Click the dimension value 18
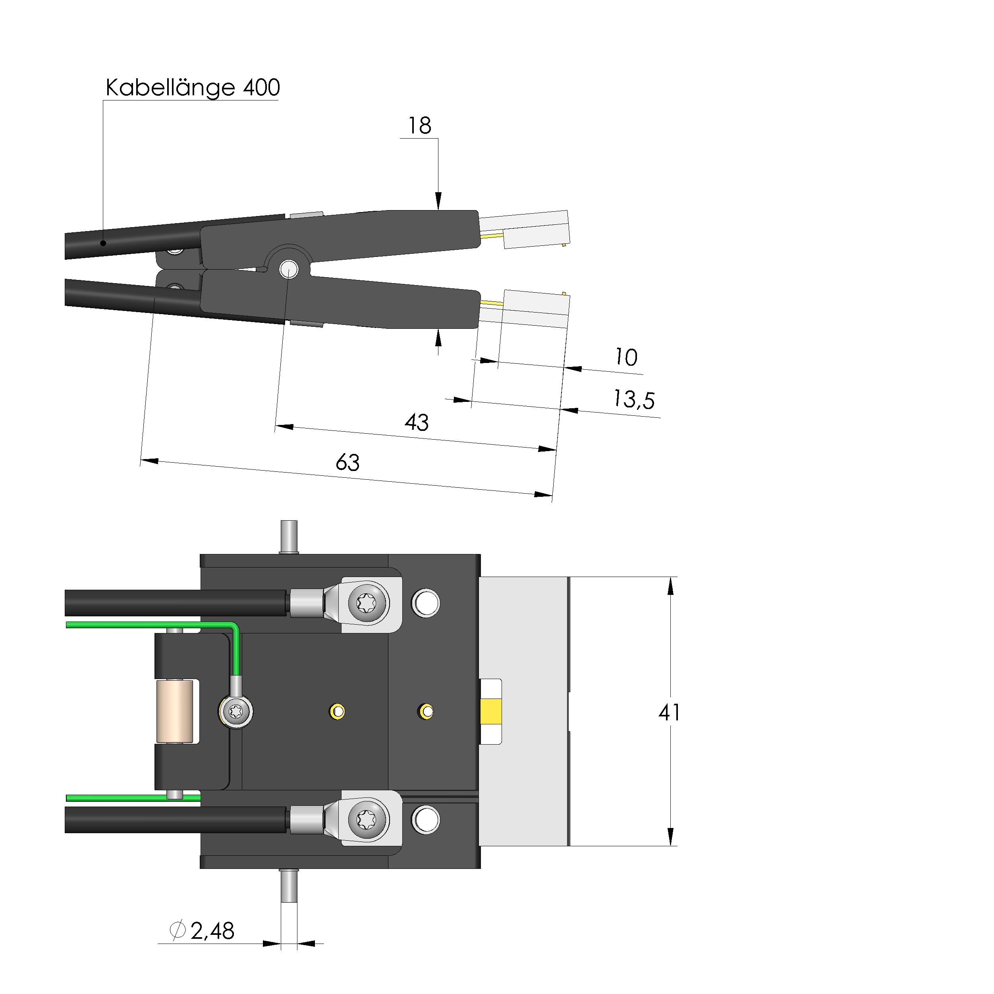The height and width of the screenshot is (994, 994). [419, 125]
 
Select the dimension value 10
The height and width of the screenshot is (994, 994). [626, 357]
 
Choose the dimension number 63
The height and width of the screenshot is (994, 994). [348, 462]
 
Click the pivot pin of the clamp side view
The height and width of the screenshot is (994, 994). [289, 268]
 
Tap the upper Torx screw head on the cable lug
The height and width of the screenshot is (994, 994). [366, 602]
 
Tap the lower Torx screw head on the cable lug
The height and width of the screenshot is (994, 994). [366, 819]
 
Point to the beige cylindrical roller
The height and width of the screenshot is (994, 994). [174, 712]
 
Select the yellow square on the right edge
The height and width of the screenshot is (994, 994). [491, 712]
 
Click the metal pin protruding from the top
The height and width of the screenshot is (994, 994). [289, 537]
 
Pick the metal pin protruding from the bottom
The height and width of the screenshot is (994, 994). [289, 886]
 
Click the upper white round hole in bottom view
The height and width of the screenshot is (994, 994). [426, 603]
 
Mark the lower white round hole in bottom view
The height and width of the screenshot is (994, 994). [426, 820]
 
